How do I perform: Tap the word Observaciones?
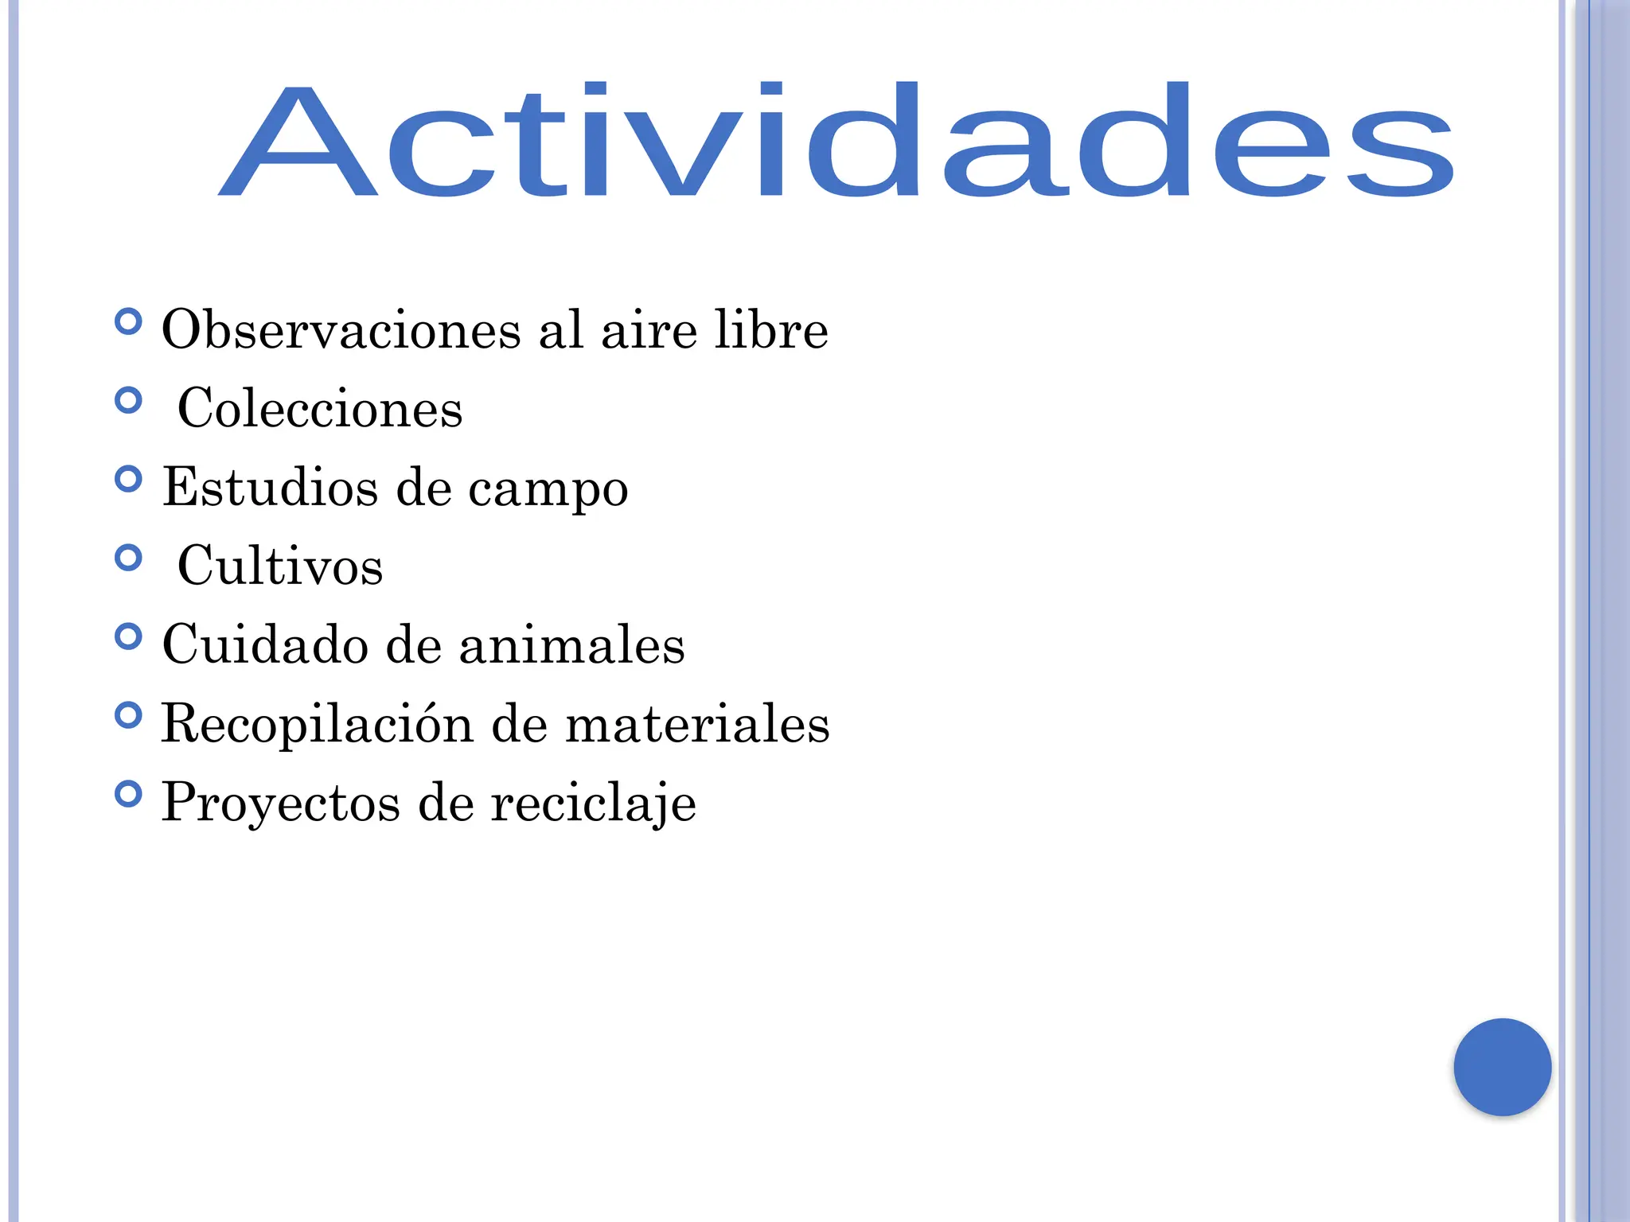point(341,329)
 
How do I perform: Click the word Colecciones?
point(320,408)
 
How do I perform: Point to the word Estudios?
point(270,486)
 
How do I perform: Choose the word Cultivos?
point(280,566)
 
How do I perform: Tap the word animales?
point(571,644)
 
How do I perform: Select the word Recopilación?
point(317,724)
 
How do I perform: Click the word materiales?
point(697,724)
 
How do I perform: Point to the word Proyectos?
point(280,802)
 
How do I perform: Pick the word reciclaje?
point(593,802)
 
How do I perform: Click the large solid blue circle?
point(1502,1067)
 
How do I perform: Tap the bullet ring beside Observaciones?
point(128,322)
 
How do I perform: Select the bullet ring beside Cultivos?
point(128,558)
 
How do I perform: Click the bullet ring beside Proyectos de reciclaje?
point(128,794)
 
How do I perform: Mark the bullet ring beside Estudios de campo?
point(128,479)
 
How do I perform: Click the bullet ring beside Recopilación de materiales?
point(128,715)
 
